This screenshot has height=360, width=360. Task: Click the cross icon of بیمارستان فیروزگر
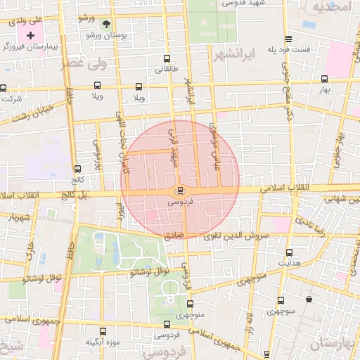pos(30,34)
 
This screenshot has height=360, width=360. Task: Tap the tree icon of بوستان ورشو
pos(106,23)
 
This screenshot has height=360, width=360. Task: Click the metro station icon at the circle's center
pos(180,191)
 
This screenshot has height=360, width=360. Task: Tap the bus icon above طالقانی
pos(166,59)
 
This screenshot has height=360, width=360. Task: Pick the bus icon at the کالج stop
pos(77,169)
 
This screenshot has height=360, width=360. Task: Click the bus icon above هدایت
pos(289,252)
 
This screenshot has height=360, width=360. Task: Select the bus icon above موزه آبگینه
pos(103,331)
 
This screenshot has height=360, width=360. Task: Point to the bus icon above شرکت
pos(5,89)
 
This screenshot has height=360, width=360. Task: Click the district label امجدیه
pos(330,8)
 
